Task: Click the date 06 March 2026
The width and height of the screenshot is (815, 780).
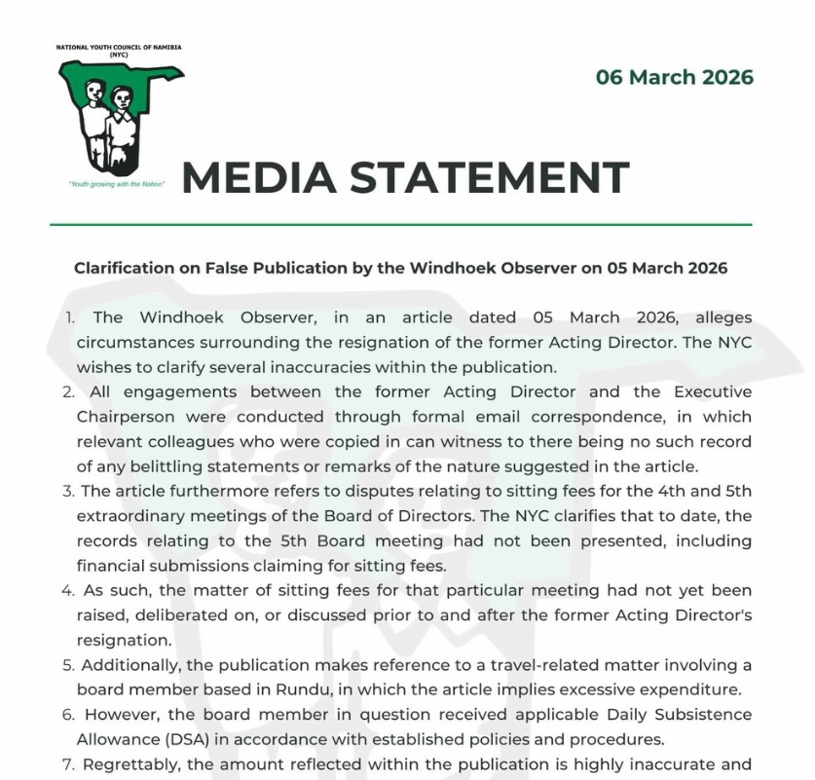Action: tap(674, 78)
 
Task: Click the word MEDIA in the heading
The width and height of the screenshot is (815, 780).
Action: tap(256, 177)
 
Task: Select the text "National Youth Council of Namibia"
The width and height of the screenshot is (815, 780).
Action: tap(119, 47)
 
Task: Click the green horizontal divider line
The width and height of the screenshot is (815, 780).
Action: tap(401, 225)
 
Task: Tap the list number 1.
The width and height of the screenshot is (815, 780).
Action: tap(70, 317)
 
